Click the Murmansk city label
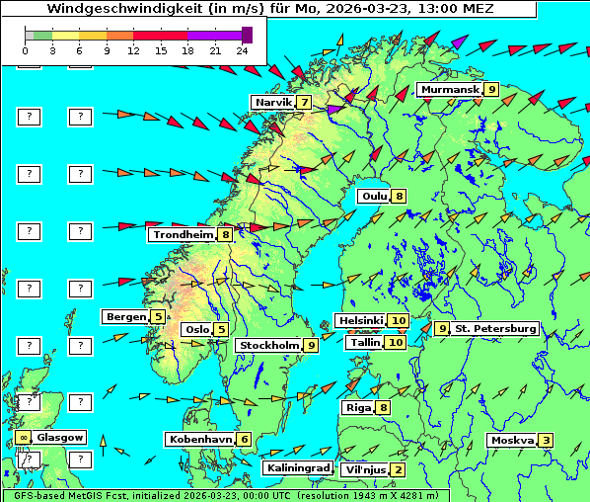pyautogui.click(x=449, y=90)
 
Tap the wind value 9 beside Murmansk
pyautogui.click(x=490, y=90)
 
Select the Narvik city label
pyautogui.click(x=273, y=103)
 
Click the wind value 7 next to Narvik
pyautogui.click(x=305, y=103)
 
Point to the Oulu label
pyautogui.click(x=374, y=197)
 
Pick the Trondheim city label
pyautogui.click(x=183, y=235)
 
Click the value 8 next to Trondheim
pyautogui.click(x=226, y=235)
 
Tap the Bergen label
pyautogui.click(x=125, y=317)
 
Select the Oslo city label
pyautogui.click(x=196, y=330)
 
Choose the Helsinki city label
pyautogui.click(x=359, y=321)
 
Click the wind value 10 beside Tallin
pyautogui.click(x=396, y=343)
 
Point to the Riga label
pyautogui.click(x=356, y=408)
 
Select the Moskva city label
pyautogui.click(x=512, y=441)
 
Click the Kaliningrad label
pyautogui.click(x=297, y=468)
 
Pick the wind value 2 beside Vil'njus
pyautogui.click(x=397, y=470)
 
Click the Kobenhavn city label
pyautogui.click(x=199, y=440)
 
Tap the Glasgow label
pyautogui.click(x=59, y=438)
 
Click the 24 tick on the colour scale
pyautogui.click(x=242, y=49)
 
